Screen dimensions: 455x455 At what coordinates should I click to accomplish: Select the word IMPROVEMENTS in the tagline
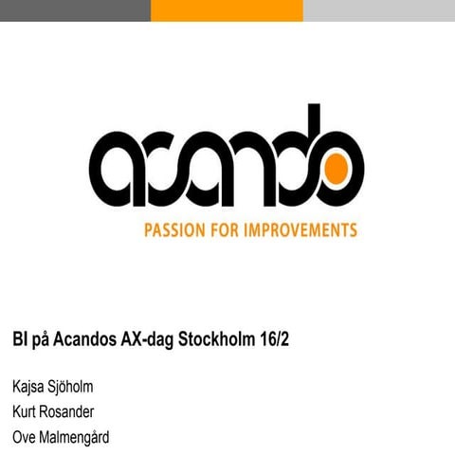tap(303, 230)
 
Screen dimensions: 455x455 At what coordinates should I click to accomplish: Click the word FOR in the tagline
tap(231, 230)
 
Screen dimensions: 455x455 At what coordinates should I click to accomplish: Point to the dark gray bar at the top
tap(75, 9)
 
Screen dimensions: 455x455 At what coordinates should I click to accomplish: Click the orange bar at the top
tap(227, 9)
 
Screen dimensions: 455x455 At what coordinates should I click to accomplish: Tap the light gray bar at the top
tap(379, 9)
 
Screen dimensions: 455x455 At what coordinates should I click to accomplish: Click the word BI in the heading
tap(19, 339)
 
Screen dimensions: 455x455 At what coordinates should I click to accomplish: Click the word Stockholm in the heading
tap(217, 339)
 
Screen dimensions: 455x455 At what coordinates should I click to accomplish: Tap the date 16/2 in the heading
tap(274, 339)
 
